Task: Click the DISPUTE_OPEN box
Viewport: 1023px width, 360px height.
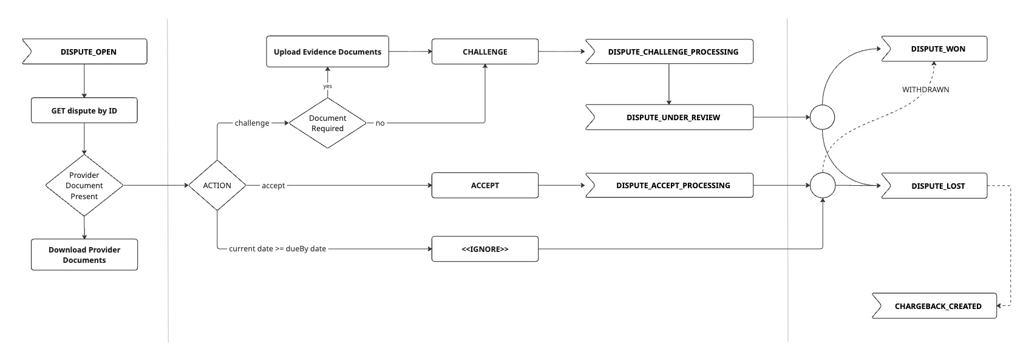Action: [85, 52]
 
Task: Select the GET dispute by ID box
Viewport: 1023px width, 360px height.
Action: [84, 110]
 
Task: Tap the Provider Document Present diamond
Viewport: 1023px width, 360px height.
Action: [84, 186]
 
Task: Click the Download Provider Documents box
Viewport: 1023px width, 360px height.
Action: [84, 255]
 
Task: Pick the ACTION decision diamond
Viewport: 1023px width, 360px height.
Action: [217, 186]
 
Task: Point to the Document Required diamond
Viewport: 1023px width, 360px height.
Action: [327, 123]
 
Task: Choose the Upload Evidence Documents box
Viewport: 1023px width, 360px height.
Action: [327, 52]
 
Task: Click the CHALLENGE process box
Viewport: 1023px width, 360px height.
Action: [485, 52]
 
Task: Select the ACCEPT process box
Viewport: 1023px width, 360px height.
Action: [485, 186]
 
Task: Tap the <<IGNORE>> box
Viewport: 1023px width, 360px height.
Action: [485, 249]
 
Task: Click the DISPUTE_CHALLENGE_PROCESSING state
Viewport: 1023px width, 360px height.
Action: [670, 52]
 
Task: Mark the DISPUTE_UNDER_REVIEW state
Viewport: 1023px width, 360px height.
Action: [670, 117]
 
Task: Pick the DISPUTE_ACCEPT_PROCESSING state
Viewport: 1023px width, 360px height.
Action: [670, 186]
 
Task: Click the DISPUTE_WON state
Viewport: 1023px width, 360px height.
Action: [934, 49]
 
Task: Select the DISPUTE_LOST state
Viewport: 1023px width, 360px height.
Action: [934, 186]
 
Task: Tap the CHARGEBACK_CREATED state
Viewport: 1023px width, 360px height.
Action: [934, 306]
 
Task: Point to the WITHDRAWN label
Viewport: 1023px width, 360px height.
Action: [925, 89]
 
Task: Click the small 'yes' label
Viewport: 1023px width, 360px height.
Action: [327, 86]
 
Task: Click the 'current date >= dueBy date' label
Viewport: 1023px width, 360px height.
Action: [277, 248]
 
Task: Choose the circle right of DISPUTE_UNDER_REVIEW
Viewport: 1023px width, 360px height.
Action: [822, 117]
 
